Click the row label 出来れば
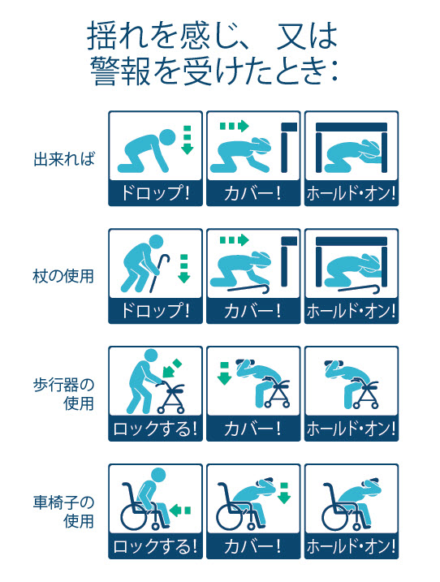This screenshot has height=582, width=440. point(64,159)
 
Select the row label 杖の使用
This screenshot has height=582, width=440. point(63,277)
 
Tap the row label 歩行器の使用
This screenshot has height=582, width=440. point(63,394)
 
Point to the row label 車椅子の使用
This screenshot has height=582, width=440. point(63,512)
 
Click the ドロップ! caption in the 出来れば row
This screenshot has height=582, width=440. point(155,193)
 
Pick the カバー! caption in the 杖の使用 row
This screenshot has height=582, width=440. point(252,311)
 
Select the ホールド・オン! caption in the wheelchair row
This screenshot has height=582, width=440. point(352,546)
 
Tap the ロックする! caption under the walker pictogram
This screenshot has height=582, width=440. point(155,429)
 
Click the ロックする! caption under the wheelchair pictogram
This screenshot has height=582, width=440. point(155,546)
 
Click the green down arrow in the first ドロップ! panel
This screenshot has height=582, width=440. point(188,140)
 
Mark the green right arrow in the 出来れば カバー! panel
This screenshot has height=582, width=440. point(235,126)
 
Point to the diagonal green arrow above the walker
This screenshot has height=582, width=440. point(172,369)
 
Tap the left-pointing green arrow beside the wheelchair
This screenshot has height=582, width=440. point(180,511)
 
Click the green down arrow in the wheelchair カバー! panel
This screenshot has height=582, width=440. point(284,493)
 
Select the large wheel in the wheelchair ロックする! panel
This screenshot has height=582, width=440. point(135,516)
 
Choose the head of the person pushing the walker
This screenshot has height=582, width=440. point(151,356)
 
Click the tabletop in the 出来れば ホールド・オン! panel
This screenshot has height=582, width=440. point(352,127)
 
